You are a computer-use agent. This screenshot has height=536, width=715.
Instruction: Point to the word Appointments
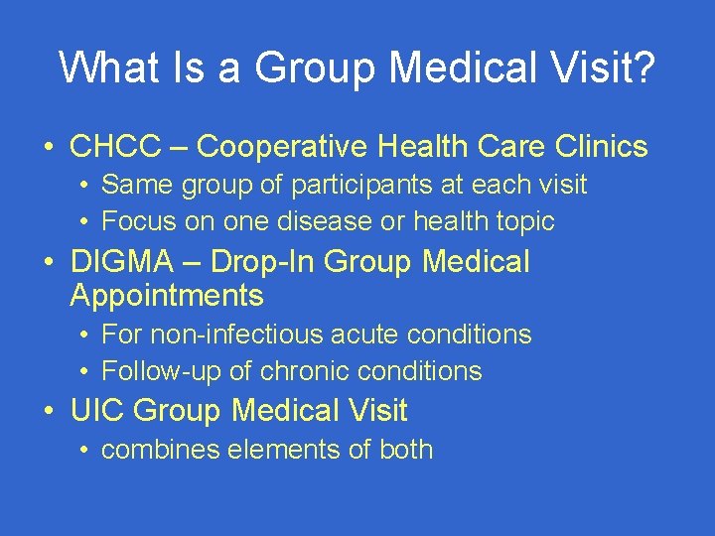(x=167, y=296)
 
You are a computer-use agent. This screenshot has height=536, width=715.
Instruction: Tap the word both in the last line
(x=406, y=450)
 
